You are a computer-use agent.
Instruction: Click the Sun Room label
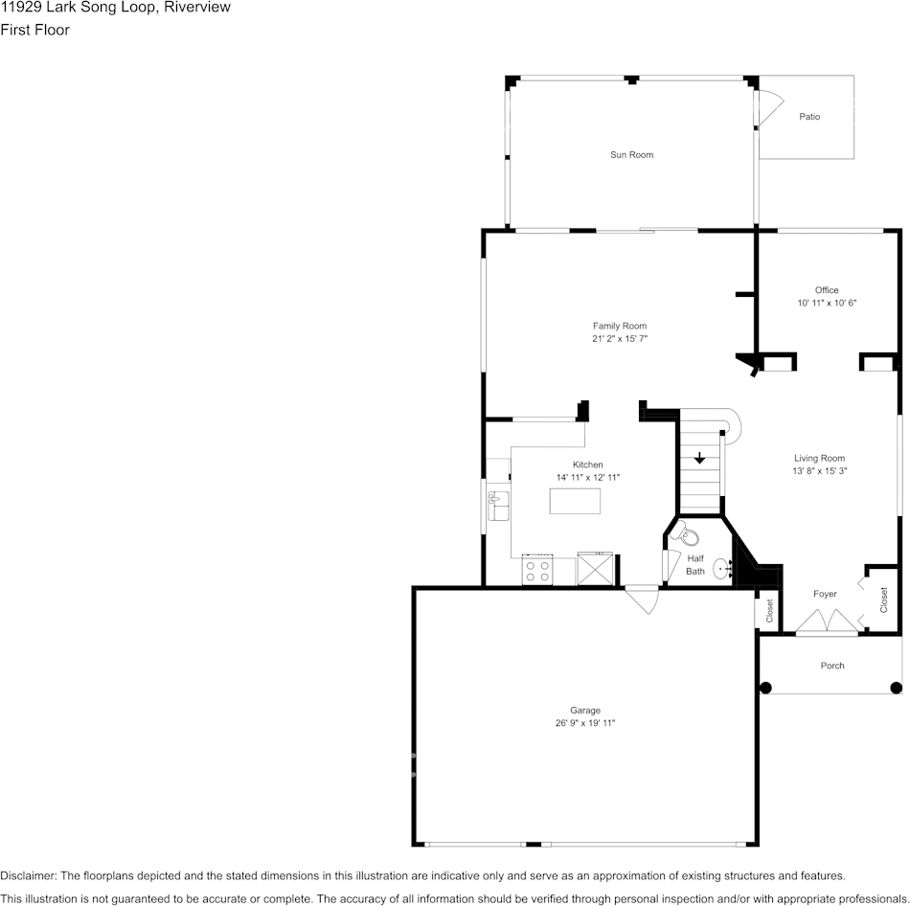631,155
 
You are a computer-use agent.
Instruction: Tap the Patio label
809,117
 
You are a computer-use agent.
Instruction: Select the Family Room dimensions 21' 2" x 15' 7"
620,338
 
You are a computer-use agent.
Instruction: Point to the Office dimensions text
827,303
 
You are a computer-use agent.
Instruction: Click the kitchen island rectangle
575,501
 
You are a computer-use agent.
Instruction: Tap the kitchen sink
498,506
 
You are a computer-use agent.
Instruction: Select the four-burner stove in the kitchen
537,571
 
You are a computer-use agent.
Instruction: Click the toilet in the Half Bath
687,534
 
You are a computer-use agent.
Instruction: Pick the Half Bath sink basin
722,569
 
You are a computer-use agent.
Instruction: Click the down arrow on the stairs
700,458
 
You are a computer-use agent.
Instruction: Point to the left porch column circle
766,688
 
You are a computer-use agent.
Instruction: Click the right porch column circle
896,688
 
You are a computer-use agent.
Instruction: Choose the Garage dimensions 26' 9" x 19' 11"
585,723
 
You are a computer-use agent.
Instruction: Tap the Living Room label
819,459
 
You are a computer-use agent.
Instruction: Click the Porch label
832,666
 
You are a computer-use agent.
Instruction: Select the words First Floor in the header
34,30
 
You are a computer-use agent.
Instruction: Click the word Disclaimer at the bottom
28,875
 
